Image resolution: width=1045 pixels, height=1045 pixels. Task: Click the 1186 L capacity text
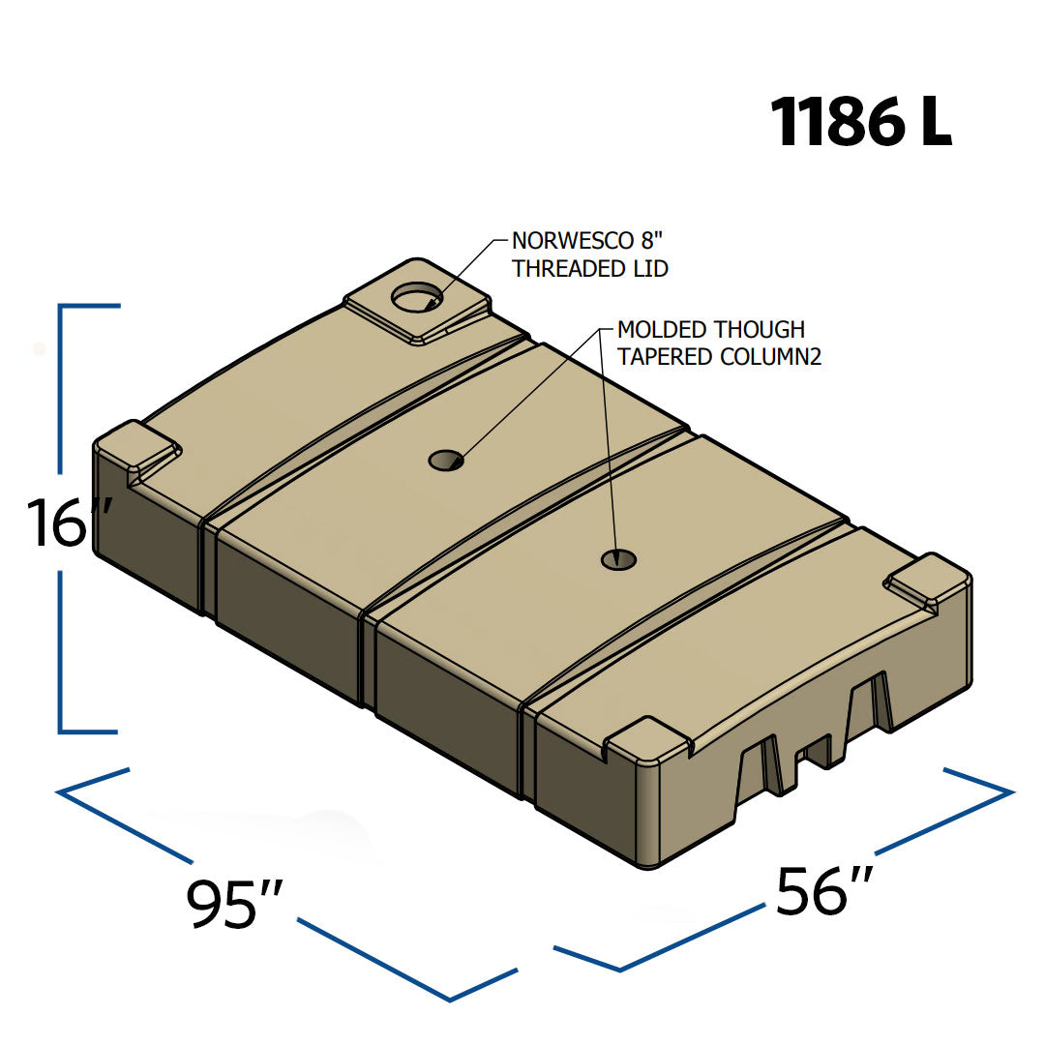tap(861, 124)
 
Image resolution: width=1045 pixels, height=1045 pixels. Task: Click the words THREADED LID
tap(590, 269)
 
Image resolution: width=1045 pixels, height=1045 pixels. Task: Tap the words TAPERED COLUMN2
tap(719, 356)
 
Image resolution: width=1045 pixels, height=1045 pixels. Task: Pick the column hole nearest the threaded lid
tap(446, 460)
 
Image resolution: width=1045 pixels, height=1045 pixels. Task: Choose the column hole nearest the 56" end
tap(619, 558)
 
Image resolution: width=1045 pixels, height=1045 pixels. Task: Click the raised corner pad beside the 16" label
tap(139, 448)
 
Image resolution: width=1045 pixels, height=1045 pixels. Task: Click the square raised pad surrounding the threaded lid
tap(417, 301)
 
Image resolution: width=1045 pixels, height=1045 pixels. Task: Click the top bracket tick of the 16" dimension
tap(90, 306)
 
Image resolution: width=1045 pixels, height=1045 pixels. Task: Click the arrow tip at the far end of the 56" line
tap(1009, 792)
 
